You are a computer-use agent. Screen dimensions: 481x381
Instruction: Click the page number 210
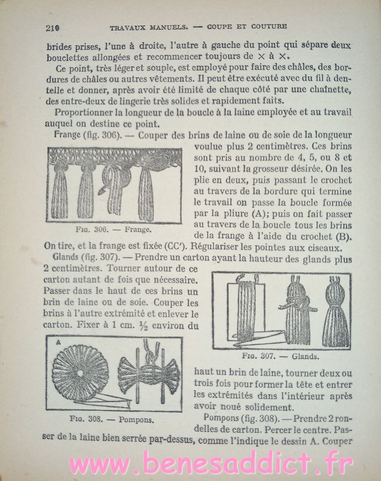[52, 27]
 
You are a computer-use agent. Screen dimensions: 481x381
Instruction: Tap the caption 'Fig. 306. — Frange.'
[115, 230]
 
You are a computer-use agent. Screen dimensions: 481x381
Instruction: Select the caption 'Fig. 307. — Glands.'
[280, 356]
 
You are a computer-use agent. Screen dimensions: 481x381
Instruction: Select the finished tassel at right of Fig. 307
[336, 312]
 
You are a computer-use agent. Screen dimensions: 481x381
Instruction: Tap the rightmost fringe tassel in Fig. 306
[146, 193]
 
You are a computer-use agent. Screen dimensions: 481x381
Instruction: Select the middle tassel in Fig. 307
[297, 312]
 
